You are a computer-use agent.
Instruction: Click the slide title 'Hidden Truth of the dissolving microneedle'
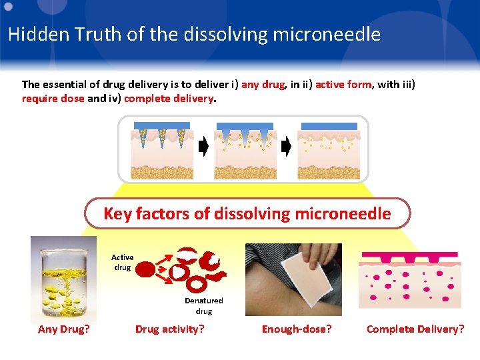[x=194, y=34]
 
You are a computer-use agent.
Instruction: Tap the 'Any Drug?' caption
[x=64, y=329]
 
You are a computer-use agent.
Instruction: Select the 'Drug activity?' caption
[x=169, y=329]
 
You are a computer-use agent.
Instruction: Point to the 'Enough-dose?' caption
[x=297, y=329]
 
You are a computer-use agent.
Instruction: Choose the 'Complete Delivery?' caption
[x=415, y=329]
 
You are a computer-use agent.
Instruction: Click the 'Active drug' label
[x=122, y=262]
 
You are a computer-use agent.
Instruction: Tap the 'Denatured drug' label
[x=203, y=306]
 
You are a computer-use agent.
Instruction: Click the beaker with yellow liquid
[x=64, y=279]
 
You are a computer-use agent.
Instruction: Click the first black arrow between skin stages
[x=203, y=147]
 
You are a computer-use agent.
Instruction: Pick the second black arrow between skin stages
[x=286, y=147]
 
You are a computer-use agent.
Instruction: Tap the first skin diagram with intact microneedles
[x=162, y=150]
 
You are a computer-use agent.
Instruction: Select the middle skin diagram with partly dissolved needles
[x=245, y=150]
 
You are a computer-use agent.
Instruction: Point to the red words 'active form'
[x=343, y=85]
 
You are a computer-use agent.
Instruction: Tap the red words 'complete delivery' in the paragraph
[x=169, y=98]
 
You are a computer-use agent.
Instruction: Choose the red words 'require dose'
[x=53, y=98]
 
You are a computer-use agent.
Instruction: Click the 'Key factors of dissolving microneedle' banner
[x=247, y=214]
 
